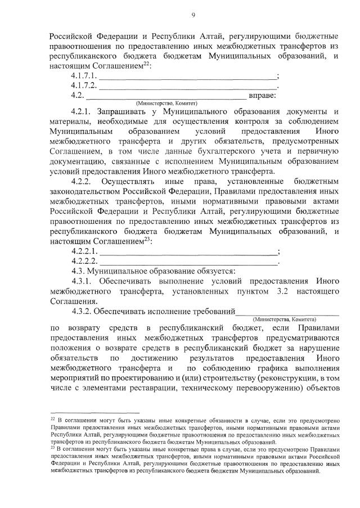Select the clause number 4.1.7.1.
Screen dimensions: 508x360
pyautogui.click(x=84, y=76)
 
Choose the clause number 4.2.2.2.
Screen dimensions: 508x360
pyautogui.click(x=84, y=261)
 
